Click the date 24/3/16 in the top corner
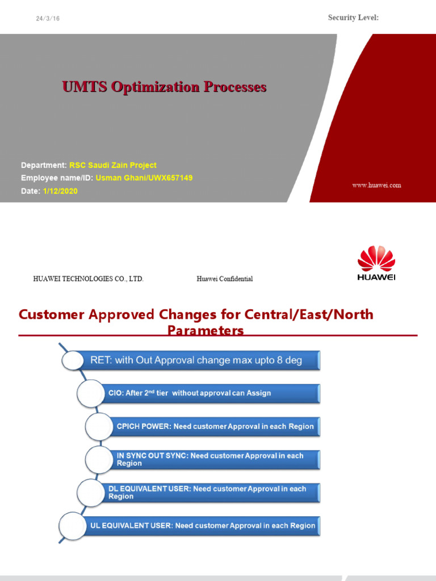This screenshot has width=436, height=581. [48, 19]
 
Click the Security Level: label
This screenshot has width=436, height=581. [353, 18]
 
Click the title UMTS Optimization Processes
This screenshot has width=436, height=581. [164, 87]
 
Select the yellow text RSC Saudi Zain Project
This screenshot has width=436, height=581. [113, 165]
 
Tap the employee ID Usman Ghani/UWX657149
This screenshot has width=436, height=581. [144, 178]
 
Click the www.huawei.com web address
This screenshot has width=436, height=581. [376, 185]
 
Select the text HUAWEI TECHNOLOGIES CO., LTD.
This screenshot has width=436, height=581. [89, 279]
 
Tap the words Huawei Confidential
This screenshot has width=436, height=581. [225, 279]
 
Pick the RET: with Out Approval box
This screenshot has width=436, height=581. [199, 360]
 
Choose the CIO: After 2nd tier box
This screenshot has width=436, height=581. [210, 393]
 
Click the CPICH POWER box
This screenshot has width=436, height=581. [215, 426]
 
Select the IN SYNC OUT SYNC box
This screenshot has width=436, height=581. [215, 460]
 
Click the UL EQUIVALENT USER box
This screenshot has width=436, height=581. [203, 525]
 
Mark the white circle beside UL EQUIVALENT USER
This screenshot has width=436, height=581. [73, 525]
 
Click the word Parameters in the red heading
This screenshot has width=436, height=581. [206, 330]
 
